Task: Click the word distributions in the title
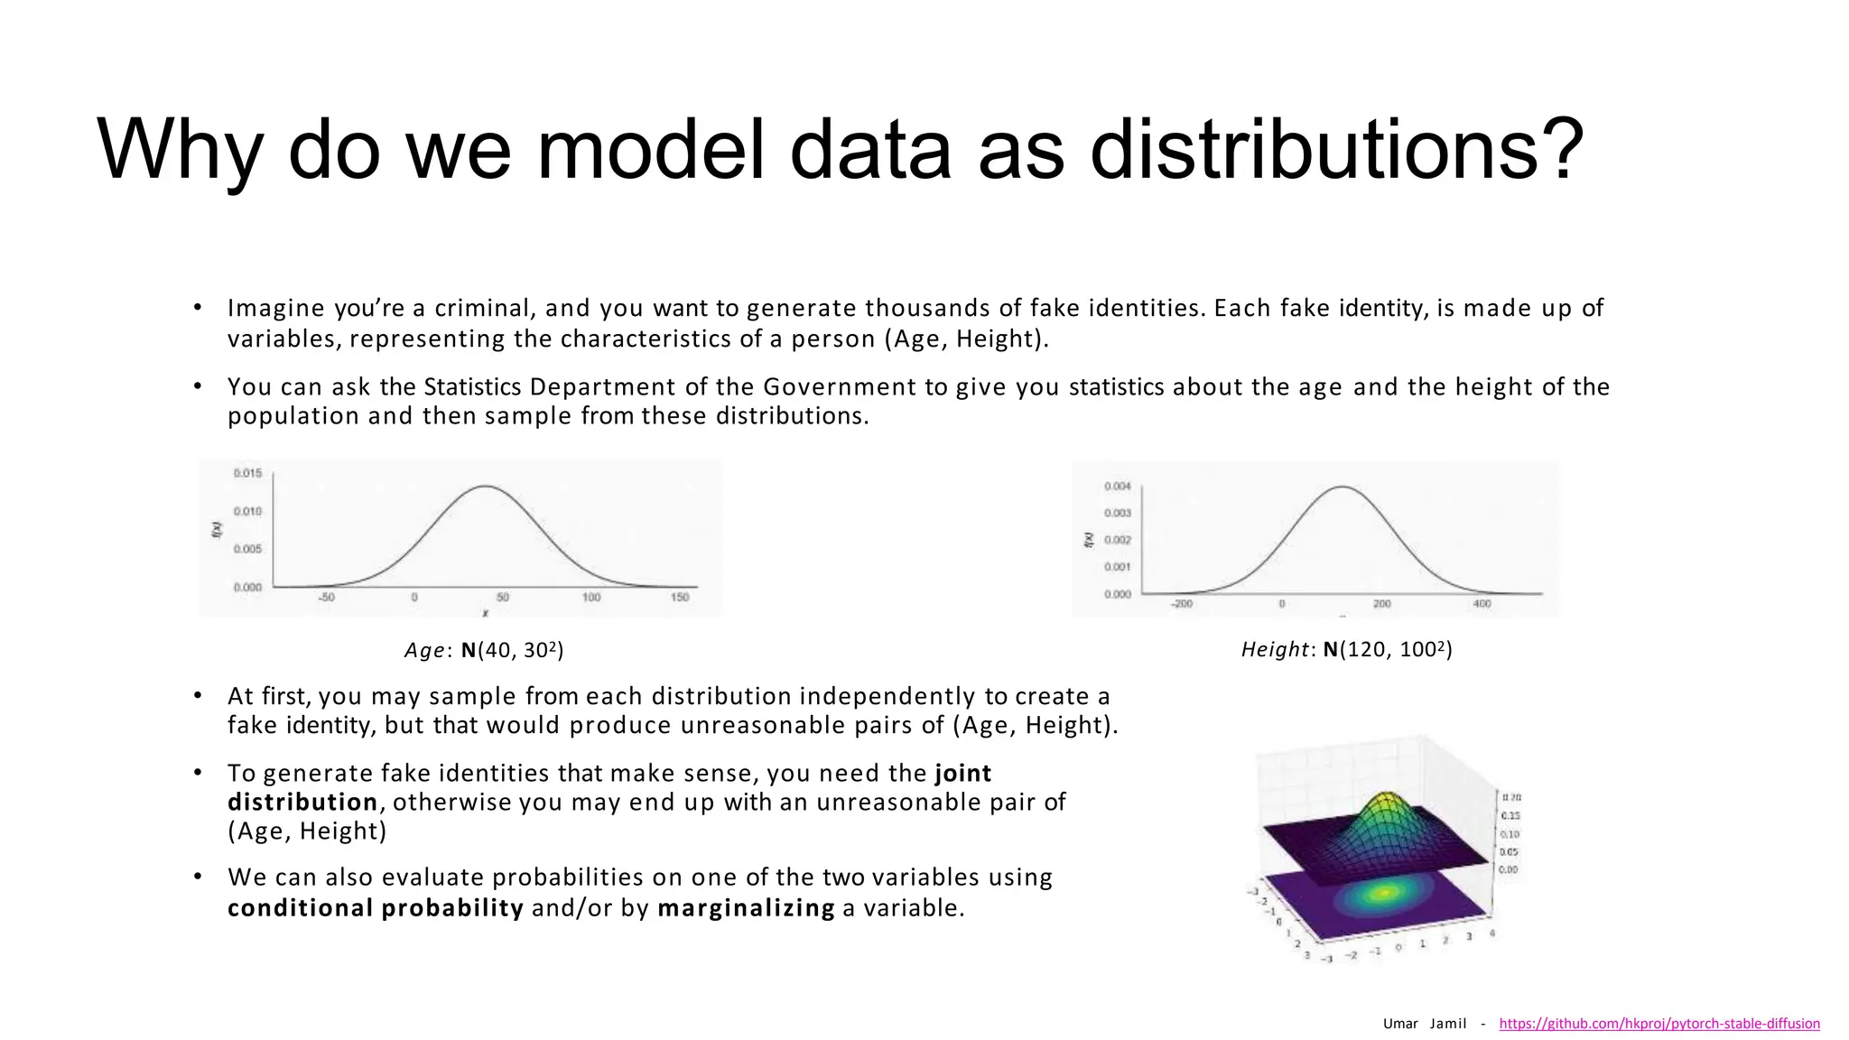point(1336,149)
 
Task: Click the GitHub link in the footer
point(1659,1024)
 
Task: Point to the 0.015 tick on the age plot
point(247,473)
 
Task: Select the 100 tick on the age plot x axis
point(591,598)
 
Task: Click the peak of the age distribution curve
point(485,487)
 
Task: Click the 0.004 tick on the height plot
point(1117,487)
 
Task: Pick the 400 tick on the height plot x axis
point(1482,603)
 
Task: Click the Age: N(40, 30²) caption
point(484,650)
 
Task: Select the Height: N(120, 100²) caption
point(1346,649)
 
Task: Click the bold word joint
point(962,773)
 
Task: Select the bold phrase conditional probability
point(376,907)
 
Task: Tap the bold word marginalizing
point(746,907)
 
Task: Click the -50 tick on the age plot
point(326,598)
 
